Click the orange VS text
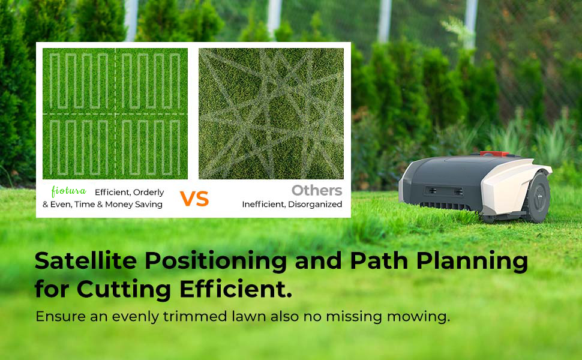click(194, 199)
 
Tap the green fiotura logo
click(68, 191)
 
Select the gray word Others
click(317, 190)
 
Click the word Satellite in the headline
click(86, 260)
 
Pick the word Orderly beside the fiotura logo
click(148, 193)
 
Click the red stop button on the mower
click(494, 154)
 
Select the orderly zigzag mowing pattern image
click(115, 113)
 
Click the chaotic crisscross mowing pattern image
click(271, 113)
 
